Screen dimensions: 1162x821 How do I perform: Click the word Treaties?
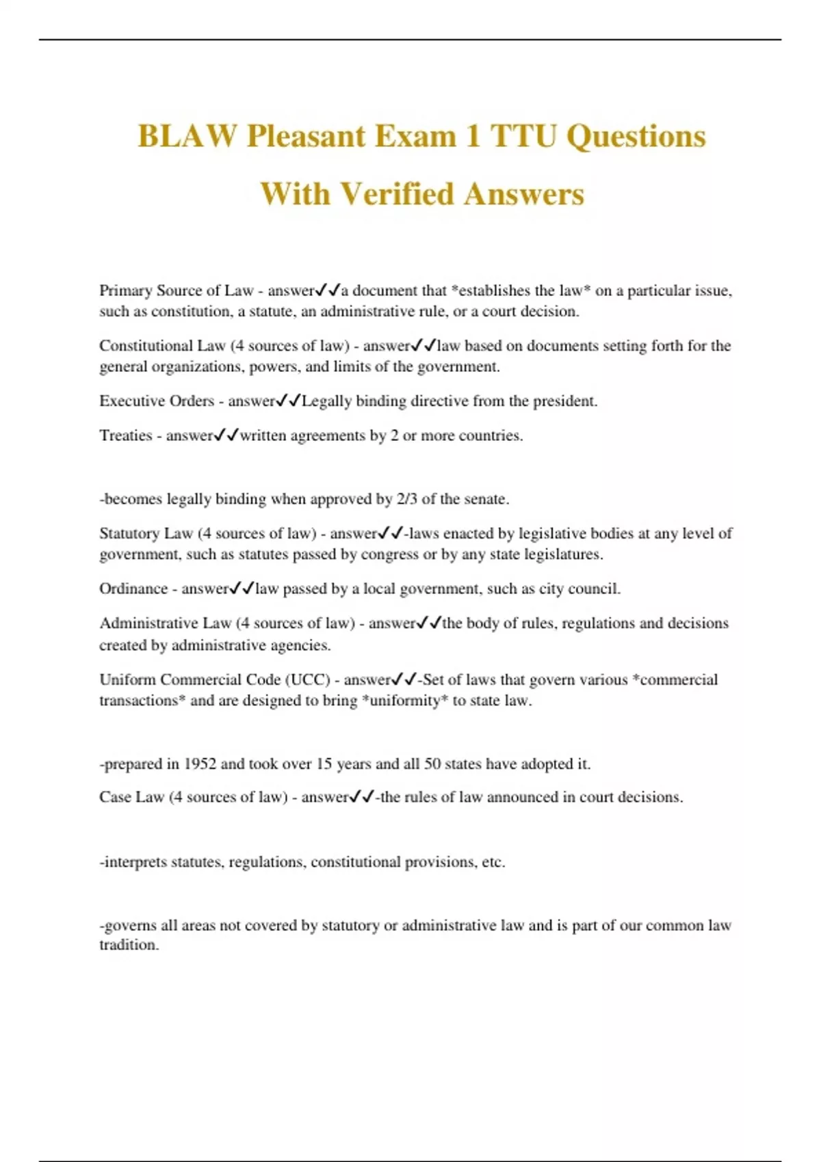(x=125, y=435)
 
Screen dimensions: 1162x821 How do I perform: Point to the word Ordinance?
(x=133, y=589)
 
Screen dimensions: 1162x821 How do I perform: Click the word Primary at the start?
(x=125, y=290)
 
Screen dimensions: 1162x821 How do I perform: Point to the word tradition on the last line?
(x=129, y=945)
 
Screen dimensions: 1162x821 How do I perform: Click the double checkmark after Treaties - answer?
(x=226, y=435)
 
